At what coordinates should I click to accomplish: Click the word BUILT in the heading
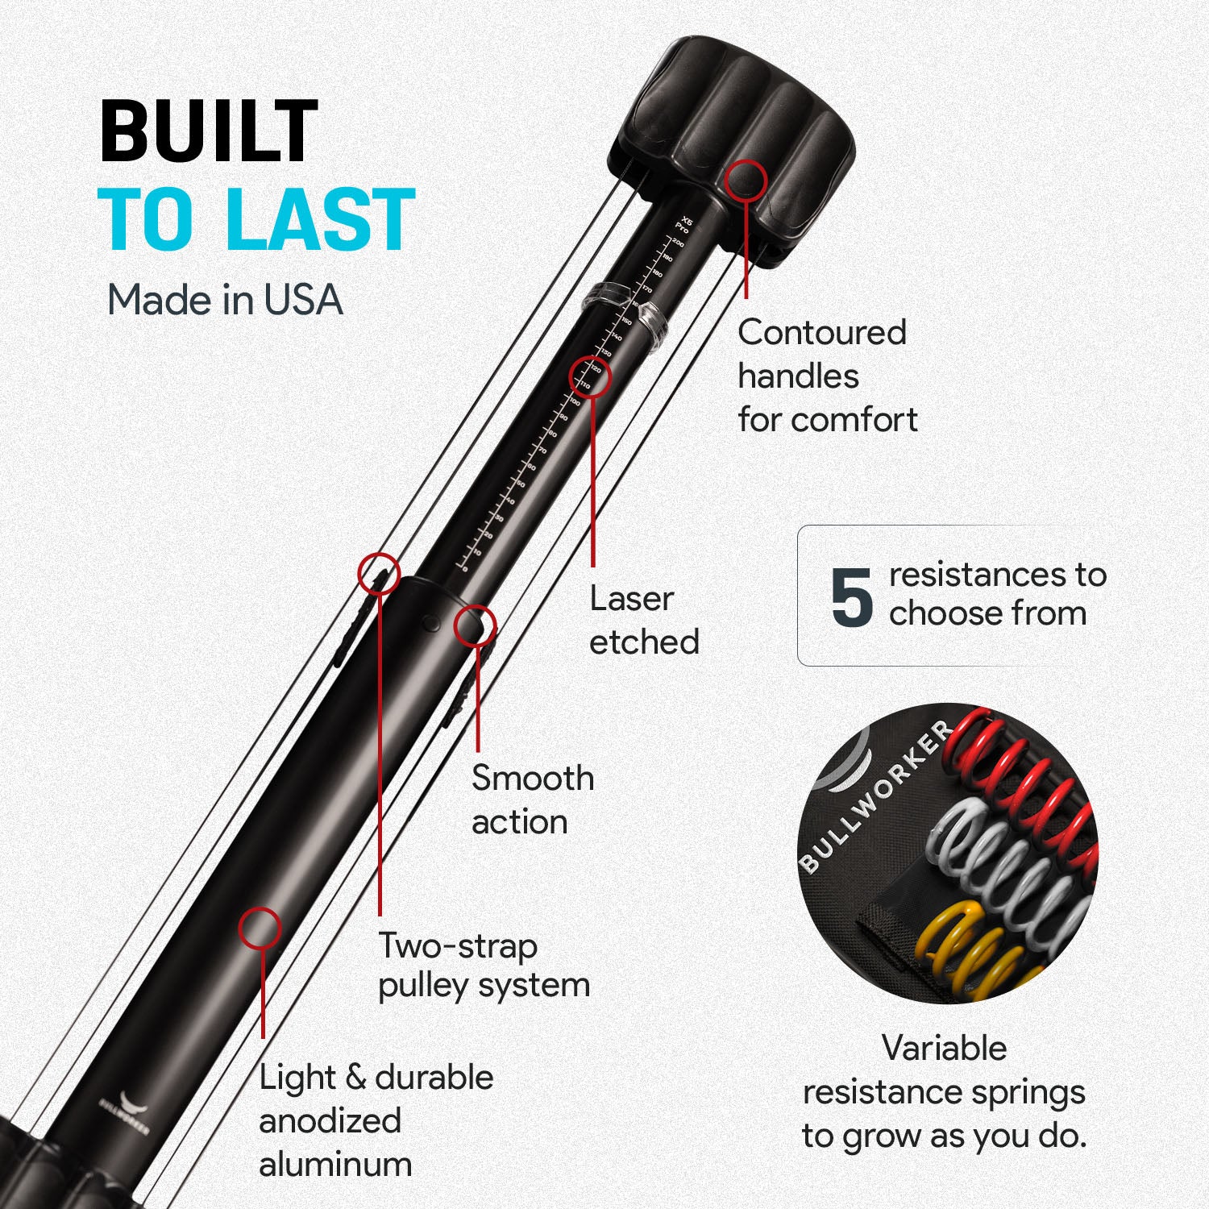209,132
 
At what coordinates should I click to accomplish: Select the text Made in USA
225,301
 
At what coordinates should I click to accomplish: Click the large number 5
851,598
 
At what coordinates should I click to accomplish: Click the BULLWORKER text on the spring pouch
875,798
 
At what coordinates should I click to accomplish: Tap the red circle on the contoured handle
745,180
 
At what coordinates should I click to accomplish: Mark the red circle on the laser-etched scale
590,376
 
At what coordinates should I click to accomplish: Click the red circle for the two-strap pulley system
379,573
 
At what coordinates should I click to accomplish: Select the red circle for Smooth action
475,625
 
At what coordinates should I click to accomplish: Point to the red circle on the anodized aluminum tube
260,928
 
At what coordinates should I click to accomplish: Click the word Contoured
822,333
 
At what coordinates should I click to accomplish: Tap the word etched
644,642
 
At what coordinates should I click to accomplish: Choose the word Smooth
533,779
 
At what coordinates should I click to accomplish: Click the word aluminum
335,1165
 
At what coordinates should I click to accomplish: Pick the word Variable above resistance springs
944,1049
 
